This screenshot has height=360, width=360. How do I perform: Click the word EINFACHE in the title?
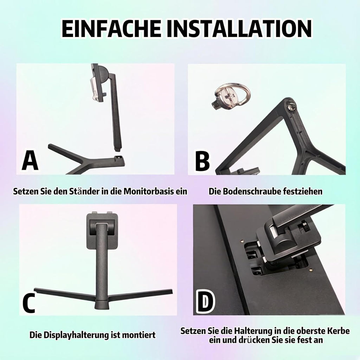click(x=111, y=29)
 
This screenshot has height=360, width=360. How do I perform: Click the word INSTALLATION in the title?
click(x=239, y=29)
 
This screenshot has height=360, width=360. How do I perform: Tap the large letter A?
click(x=30, y=161)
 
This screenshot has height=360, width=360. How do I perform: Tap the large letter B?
click(x=202, y=161)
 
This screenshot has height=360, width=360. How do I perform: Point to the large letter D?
click(x=205, y=302)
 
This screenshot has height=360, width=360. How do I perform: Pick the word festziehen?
click(x=303, y=191)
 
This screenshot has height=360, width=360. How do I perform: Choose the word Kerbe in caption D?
click(x=338, y=331)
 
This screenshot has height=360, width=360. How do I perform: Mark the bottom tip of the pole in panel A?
click(x=117, y=150)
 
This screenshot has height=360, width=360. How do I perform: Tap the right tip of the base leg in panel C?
click(x=172, y=292)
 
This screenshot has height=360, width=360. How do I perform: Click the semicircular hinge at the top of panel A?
click(x=103, y=74)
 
